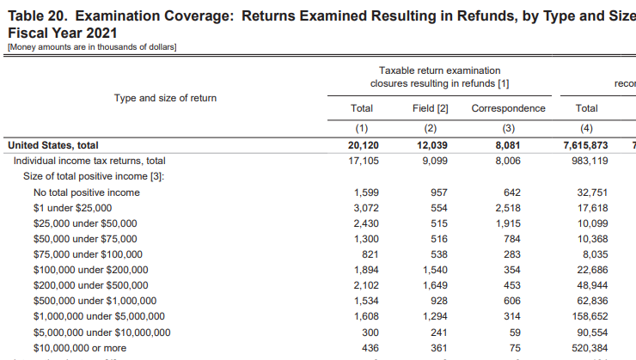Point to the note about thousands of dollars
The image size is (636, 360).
91,46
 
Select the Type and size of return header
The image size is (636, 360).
165,98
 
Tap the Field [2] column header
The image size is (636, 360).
431,108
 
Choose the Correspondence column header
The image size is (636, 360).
508,108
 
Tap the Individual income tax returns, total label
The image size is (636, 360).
89,161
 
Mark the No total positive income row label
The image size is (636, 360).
86,192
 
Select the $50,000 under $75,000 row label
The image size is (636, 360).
84,239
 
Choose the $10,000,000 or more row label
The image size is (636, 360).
79,347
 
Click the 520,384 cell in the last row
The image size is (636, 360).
590,347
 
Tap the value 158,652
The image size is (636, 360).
590,316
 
